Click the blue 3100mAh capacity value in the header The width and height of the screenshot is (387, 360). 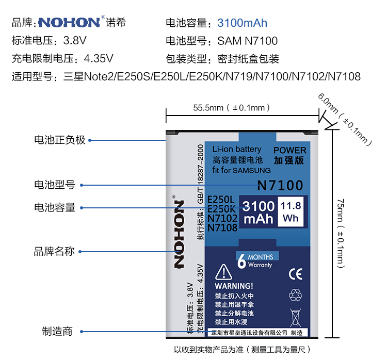[242, 23]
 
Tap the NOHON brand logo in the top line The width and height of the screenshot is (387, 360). [69, 23]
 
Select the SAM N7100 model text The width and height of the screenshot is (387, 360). [247, 41]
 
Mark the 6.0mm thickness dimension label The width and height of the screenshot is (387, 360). [345, 119]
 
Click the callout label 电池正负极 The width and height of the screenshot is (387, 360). [59, 140]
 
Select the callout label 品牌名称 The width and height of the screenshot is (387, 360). [54, 252]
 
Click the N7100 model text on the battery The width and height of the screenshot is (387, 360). [280, 185]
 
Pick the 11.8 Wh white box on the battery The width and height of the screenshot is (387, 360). [291, 212]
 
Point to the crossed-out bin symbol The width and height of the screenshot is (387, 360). [295, 315]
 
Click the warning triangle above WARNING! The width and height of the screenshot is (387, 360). [223, 272]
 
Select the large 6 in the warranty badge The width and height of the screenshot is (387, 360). [241, 261]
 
